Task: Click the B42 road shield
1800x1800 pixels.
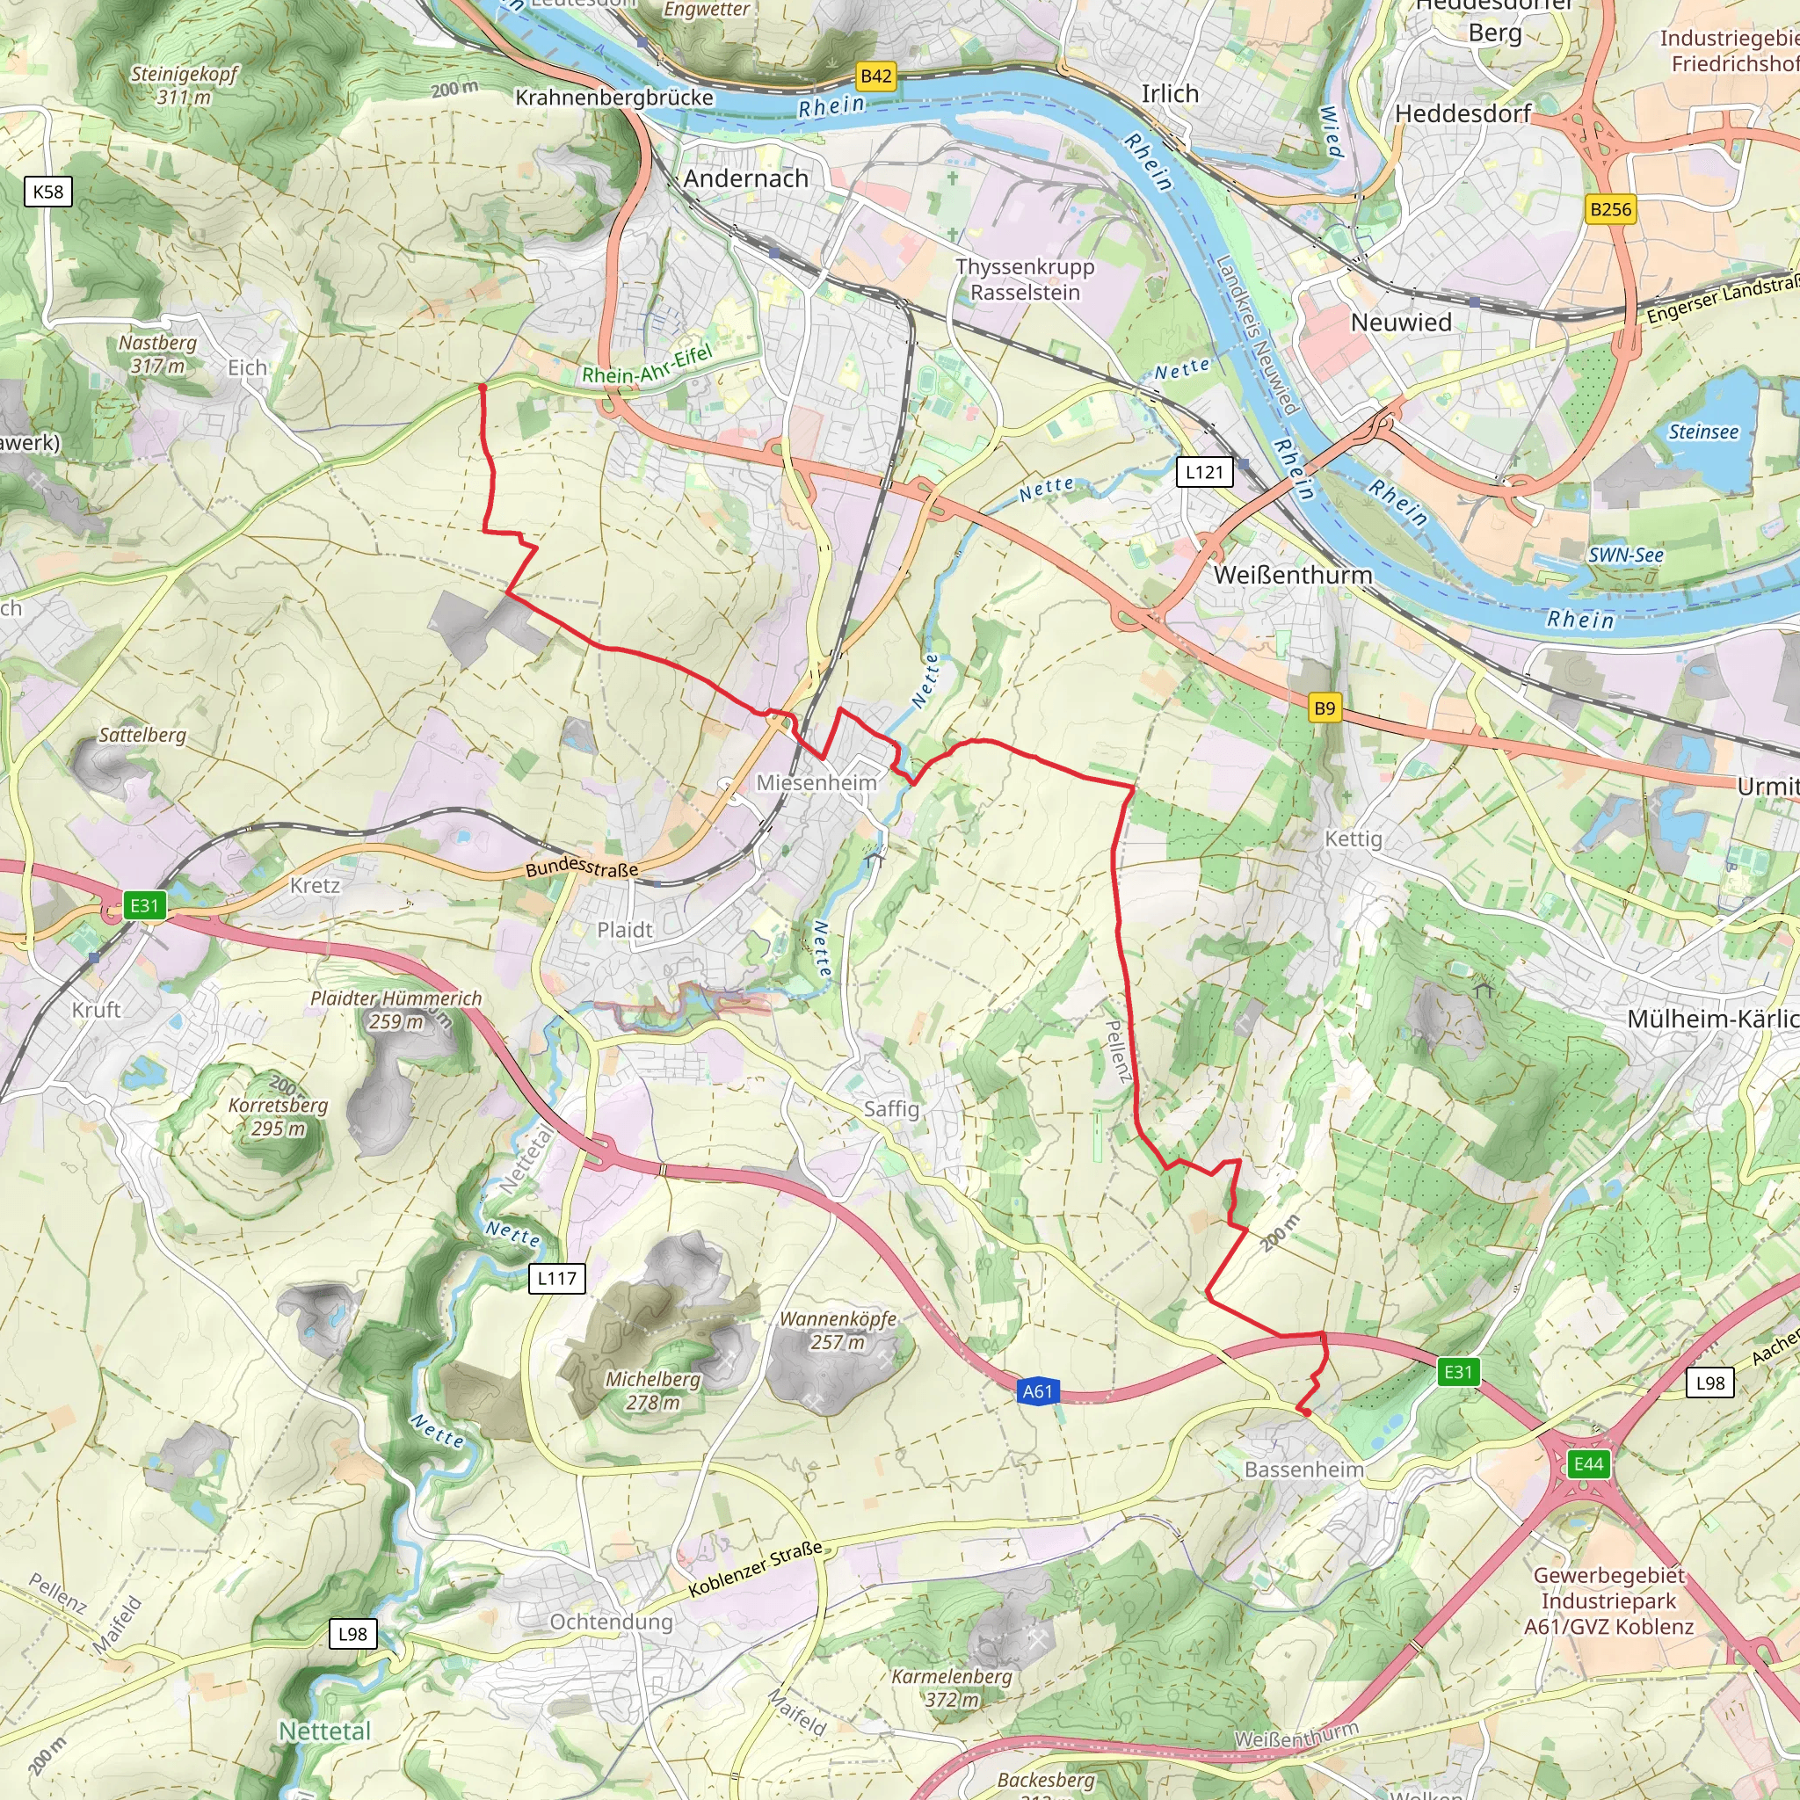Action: (875, 76)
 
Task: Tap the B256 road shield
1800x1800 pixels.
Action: (1611, 208)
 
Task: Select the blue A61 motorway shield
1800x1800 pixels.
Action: (1037, 1392)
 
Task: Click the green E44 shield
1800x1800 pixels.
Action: (1588, 1463)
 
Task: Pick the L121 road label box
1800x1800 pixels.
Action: (1204, 471)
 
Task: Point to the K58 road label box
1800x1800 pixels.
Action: (47, 192)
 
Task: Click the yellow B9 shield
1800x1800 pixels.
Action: (1324, 708)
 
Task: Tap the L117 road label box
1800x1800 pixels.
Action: (556, 1278)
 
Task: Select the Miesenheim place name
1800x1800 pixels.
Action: (817, 782)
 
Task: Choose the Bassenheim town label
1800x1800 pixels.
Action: (1303, 1470)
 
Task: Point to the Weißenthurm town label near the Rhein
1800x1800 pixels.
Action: (1292, 575)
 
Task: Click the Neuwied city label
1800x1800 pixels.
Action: (1401, 323)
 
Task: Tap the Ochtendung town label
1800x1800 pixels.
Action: (611, 1622)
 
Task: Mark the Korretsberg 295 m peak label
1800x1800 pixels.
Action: (279, 1116)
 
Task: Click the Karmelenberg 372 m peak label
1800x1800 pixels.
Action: (951, 1687)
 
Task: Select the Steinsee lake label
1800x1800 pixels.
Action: (1703, 432)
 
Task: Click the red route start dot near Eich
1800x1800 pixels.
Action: (482, 386)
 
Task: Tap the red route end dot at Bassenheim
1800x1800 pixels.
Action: (1307, 1412)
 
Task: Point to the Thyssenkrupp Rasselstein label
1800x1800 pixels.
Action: (1025, 279)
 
